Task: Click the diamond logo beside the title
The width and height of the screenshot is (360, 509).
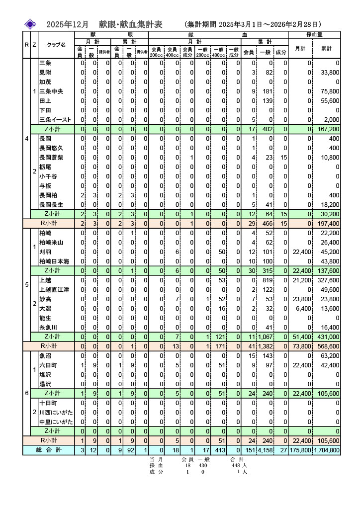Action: pyautogui.click(x=31, y=24)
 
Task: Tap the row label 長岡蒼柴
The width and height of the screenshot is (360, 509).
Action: pyautogui.click(x=51, y=158)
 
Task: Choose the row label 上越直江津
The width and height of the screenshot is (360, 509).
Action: pyautogui.click(x=54, y=290)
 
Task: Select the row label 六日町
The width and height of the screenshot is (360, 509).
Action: pyautogui.click(x=48, y=365)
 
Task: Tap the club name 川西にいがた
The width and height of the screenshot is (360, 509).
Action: pyautogui.click(x=56, y=412)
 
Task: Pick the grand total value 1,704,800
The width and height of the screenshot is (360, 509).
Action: pyautogui.click(x=327, y=450)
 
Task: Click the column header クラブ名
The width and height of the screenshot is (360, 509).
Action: pyautogui.click(x=56, y=45)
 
